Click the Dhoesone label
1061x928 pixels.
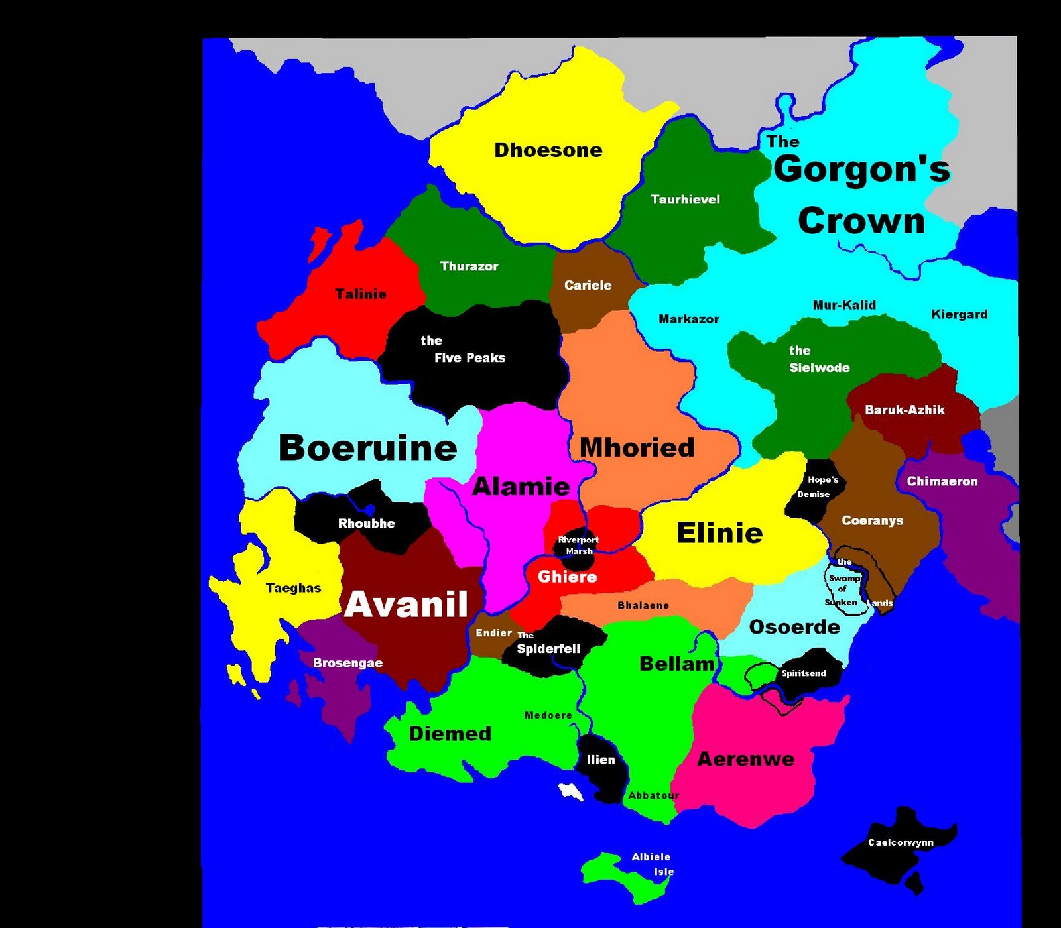pos(548,150)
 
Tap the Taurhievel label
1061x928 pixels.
pos(685,200)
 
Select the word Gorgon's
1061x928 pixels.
pos(861,169)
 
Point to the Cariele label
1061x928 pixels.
pos(588,286)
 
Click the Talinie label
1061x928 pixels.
pos(361,294)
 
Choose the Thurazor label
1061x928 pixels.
pos(469,266)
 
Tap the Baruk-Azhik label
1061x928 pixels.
pos(905,410)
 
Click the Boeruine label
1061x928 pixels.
pos(368,448)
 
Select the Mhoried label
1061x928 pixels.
pos(637,448)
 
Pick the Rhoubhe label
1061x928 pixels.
pos(366,524)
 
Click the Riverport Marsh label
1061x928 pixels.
pos(578,546)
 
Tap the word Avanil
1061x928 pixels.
pos(406,605)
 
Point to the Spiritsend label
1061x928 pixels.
pos(804,673)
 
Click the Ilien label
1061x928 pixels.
pos(601,760)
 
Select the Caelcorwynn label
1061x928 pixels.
pos(901,843)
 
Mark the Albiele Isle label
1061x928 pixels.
pos(653,864)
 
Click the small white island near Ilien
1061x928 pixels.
pos(570,791)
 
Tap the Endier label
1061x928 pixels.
pos(493,633)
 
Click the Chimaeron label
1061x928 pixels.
pos(942,481)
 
